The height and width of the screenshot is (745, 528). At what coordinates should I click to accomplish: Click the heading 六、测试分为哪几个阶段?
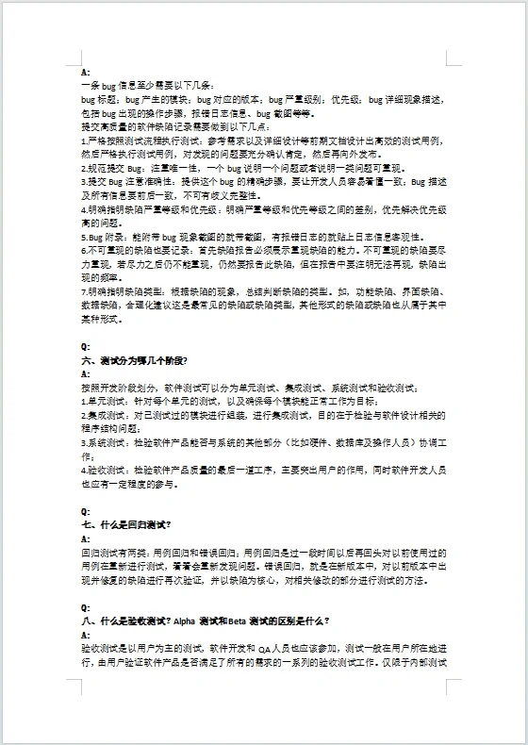click(136, 361)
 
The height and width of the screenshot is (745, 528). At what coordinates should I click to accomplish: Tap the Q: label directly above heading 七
click(86, 510)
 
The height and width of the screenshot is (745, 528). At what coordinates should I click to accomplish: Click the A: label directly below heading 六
click(86, 374)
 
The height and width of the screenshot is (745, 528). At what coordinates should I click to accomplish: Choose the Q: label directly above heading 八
click(86, 608)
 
